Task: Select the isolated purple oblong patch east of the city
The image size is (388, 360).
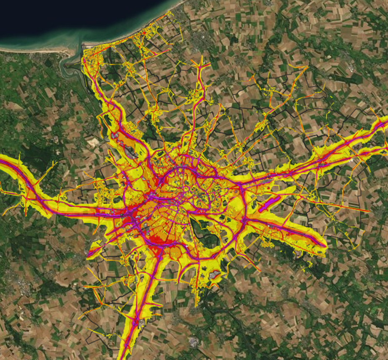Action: coord(269,204)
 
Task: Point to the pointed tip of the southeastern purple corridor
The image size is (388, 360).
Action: coord(324,244)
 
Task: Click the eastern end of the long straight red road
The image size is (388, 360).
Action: coord(369,210)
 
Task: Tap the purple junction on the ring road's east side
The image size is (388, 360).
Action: coord(244,219)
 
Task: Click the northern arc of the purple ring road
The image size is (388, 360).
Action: coord(185,168)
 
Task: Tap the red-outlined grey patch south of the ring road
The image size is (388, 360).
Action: coord(215,275)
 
